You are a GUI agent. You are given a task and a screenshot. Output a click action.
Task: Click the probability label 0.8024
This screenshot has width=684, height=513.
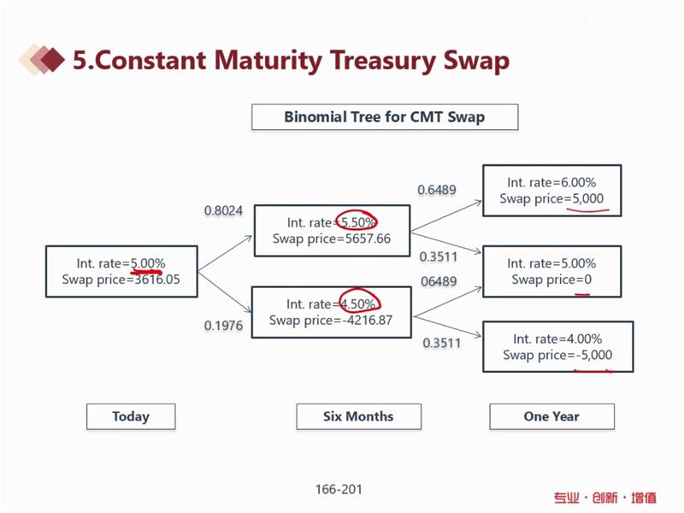pos(223,210)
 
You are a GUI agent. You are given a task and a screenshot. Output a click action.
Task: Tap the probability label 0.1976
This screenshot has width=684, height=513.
pos(223,326)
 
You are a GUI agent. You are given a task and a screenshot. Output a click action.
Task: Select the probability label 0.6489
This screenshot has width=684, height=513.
pos(437,190)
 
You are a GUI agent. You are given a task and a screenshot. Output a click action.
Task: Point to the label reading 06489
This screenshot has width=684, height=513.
pos(439,281)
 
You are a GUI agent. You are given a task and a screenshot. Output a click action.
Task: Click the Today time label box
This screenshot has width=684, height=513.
pos(131,416)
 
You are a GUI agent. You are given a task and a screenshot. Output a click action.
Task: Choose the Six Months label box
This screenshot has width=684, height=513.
pos(358,416)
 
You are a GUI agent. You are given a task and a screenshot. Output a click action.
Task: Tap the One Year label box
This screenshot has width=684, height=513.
pos(551,416)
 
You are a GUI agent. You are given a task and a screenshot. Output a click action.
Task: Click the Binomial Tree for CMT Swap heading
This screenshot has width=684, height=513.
pos(385,117)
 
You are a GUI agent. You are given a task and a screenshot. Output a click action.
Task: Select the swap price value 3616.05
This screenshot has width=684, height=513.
pos(157,280)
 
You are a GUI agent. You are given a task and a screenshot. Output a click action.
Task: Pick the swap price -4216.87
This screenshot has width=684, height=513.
pos(368,320)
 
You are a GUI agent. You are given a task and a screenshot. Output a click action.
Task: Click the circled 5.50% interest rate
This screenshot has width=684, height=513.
pos(357,222)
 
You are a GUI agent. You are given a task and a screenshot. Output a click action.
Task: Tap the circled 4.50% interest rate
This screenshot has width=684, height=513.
pos(357,304)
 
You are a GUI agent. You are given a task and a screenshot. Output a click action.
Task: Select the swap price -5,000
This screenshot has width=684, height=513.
pos(594,355)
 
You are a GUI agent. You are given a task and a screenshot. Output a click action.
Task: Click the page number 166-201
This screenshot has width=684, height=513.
pos(339,489)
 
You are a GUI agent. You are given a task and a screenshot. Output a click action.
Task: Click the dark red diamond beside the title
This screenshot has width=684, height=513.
pos(52,60)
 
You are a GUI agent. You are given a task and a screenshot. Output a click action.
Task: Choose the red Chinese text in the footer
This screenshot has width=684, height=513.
pos(605,498)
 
